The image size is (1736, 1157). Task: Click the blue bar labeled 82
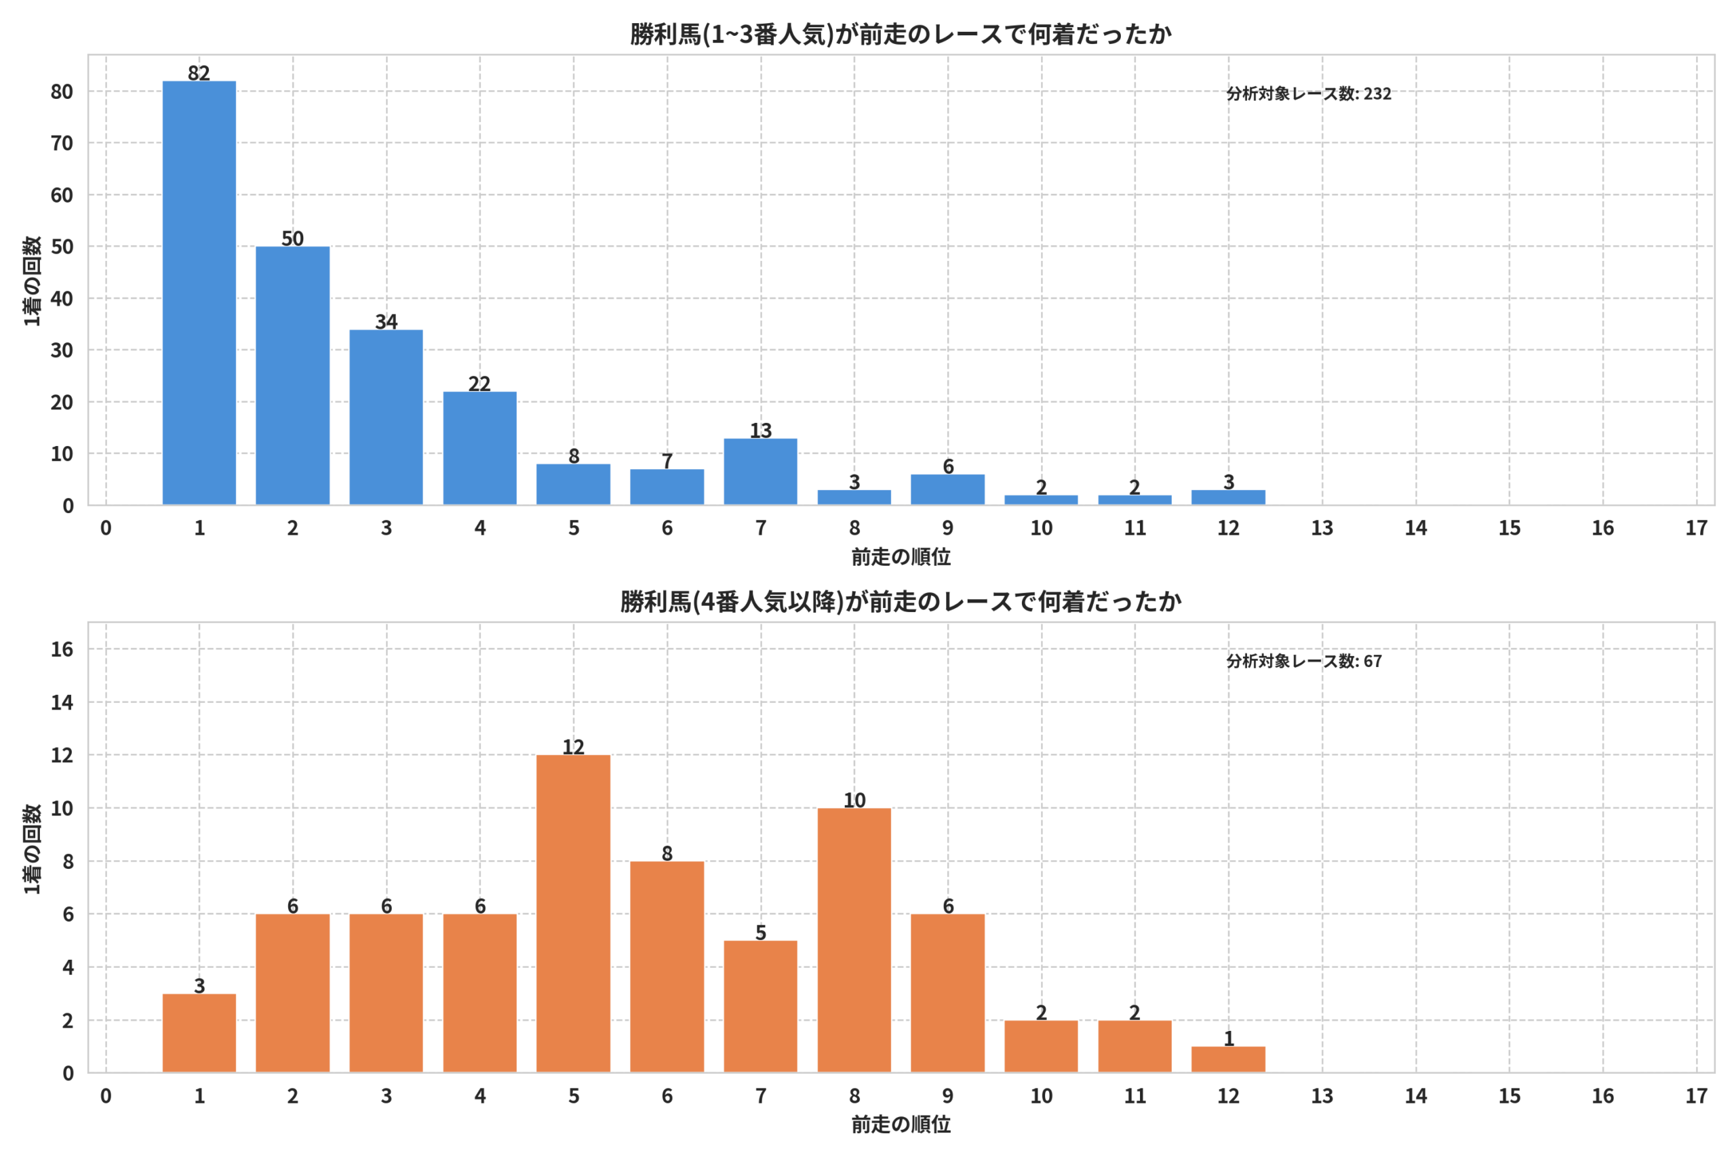(x=199, y=293)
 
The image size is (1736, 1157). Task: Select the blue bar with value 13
(x=760, y=472)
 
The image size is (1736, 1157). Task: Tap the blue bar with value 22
(x=479, y=449)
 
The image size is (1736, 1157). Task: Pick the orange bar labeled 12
(x=574, y=914)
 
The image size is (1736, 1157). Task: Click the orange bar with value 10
(x=854, y=941)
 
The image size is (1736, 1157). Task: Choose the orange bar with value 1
(x=1228, y=1059)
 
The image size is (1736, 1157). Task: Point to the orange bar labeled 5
(x=760, y=1007)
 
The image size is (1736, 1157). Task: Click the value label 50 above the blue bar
(x=292, y=239)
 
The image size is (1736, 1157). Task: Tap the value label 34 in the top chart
(x=386, y=322)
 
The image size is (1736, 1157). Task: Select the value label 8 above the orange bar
(x=667, y=854)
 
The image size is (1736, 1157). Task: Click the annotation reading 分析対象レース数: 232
(x=1309, y=94)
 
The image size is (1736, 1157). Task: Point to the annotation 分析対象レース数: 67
(x=1304, y=661)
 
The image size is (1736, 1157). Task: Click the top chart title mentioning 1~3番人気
(x=901, y=35)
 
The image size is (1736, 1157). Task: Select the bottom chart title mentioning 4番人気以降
(x=901, y=602)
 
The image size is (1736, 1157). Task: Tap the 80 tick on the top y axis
(x=62, y=92)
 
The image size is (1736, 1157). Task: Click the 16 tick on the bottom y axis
(x=62, y=649)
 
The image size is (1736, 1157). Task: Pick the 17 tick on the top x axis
(x=1696, y=528)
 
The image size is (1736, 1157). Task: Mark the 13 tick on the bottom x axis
(x=1322, y=1096)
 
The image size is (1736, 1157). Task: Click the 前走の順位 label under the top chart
(x=901, y=557)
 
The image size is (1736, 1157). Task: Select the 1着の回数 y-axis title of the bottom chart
(x=32, y=849)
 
